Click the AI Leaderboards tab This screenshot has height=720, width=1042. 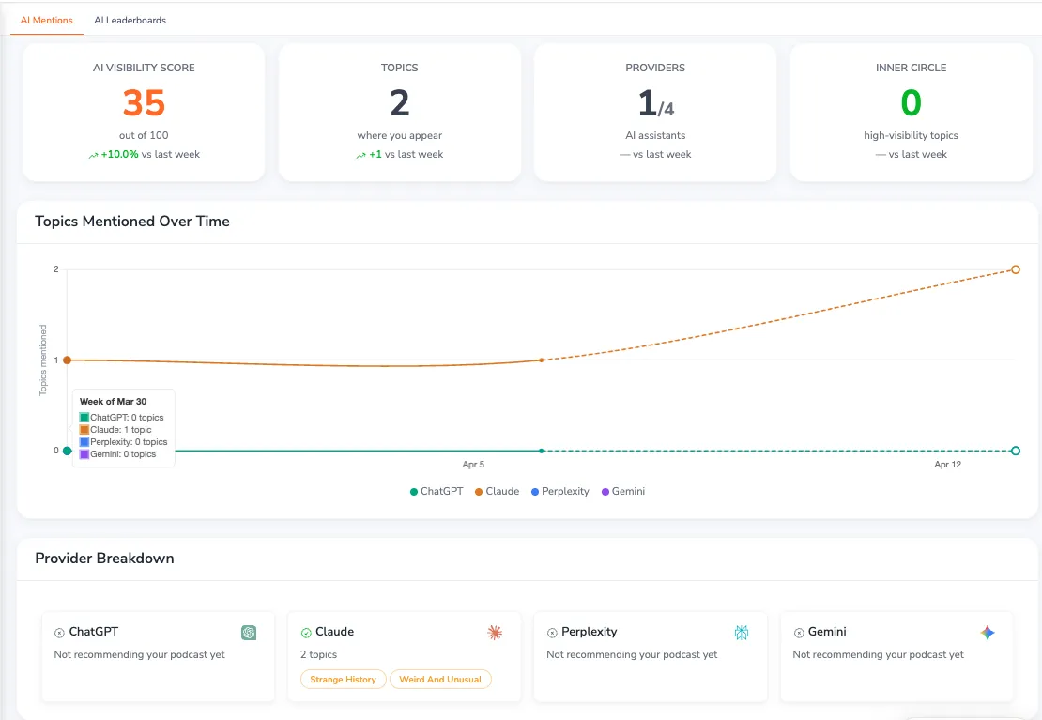coord(130,20)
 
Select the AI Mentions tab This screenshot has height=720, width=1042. coord(46,20)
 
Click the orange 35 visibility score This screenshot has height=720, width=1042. coord(144,102)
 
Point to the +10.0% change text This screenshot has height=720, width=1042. coord(119,154)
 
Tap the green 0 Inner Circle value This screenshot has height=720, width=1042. coord(911,102)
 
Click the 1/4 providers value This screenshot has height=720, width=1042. coord(655,102)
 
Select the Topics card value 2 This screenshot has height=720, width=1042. coord(400,102)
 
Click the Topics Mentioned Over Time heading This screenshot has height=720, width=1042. coord(132,222)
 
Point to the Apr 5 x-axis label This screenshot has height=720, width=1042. coord(473,465)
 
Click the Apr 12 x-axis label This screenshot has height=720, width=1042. coord(947,465)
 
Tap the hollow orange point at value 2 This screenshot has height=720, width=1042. coord(1016,269)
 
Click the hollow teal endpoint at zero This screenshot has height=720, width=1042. coord(1016,451)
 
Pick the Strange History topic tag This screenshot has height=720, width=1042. coord(343,679)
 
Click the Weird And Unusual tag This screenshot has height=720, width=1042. coord(440,679)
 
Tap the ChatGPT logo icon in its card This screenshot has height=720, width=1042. coord(249,633)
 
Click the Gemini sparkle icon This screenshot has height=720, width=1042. coord(987,633)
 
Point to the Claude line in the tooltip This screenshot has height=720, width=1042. coord(121,430)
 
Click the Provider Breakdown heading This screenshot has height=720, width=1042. coord(104,559)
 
